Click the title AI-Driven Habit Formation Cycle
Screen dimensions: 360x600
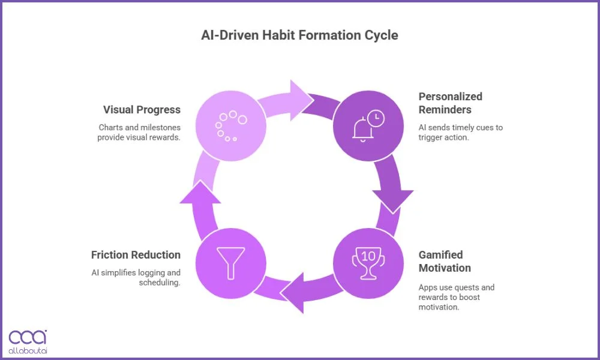coord(299,35)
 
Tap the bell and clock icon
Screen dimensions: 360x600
coord(368,126)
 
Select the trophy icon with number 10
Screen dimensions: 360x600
coord(368,263)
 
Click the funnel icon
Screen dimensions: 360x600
coord(231,262)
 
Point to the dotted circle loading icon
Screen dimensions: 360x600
coord(230,125)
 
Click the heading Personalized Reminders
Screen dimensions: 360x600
coord(450,103)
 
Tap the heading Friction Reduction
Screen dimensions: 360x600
coord(136,255)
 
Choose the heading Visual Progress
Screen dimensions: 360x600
coord(142,110)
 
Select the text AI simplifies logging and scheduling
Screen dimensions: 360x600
coord(136,277)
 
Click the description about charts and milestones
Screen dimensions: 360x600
coord(139,132)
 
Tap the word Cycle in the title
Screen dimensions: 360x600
coord(381,35)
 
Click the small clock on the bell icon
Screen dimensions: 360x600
coord(376,119)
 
